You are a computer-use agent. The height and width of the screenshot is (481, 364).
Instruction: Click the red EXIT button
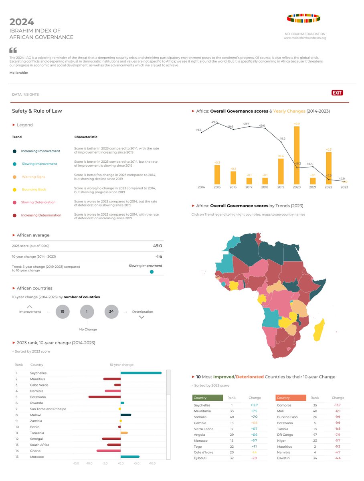pyautogui.click(x=337, y=93)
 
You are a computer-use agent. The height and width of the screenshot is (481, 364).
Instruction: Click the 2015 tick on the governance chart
pyautogui.click(x=217, y=187)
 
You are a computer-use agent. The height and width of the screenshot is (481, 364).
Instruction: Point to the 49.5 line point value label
pyautogui.click(x=198, y=130)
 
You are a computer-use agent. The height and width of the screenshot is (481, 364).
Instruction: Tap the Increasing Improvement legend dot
pyautogui.click(x=14, y=151)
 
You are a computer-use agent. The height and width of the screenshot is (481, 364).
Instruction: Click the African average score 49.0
pyautogui.click(x=157, y=246)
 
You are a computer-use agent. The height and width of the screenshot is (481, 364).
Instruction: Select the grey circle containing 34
pyautogui.click(x=111, y=311)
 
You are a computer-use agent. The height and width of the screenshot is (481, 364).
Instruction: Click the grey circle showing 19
pyautogui.click(x=62, y=311)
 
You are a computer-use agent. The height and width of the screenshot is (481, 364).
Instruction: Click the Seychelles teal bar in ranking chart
pyautogui.click(x=141, y=373)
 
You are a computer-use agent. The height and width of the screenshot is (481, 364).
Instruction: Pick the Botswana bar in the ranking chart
pyautogui.click(x=104, y=397)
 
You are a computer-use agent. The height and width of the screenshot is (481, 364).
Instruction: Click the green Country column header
pyautogui.click(x=207, y=398)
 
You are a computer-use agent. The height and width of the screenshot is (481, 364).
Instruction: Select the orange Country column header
pyautogui.click(x=291, y=398)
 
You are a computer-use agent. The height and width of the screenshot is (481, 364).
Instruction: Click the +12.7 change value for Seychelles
pyautogui.click(x=255, y=405)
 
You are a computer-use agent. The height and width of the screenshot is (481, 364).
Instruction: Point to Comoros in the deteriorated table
pyautogui.click(x=285, y=405)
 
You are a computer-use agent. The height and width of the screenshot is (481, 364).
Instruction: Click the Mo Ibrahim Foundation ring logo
pyautogui.click(x=304, y=18)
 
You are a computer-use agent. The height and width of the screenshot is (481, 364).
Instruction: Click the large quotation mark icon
pyautogui.click(x=13, y=51)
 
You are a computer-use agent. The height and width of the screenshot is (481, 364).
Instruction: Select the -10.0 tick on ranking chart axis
pyautogui.click(x=89, y=463)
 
